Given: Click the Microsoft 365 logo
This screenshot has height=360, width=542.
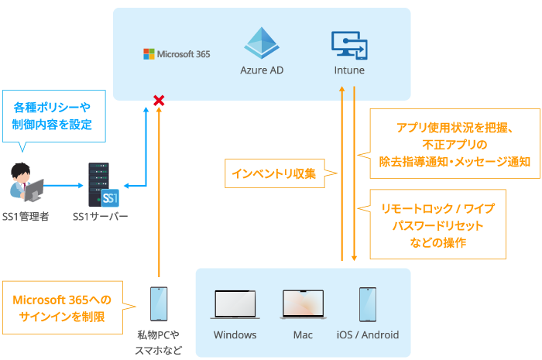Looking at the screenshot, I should (x=177, y=54).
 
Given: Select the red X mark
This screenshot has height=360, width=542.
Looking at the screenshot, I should (x=159, y=101).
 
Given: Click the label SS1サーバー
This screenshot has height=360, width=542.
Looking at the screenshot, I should (x=101, y=216).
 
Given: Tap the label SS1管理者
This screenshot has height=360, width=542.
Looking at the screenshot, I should (x=26, y=216).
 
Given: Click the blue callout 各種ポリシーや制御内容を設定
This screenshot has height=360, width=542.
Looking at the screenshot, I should (x=52, y=117).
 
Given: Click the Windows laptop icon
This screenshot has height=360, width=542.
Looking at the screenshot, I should (x=235, y=306).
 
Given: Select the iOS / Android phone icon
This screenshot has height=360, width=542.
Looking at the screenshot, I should (x=368, y=304).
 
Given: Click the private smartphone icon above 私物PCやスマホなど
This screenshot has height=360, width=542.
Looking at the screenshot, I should (x=158, y=304).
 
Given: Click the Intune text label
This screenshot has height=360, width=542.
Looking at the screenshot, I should (x=348, y=70).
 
